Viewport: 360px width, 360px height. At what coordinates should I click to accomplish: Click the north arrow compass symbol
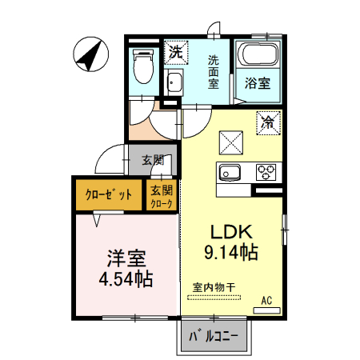[x=91, y=54]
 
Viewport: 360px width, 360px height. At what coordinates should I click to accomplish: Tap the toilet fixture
[x=143, y=66]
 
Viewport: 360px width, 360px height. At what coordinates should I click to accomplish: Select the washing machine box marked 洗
[x=176, y=52]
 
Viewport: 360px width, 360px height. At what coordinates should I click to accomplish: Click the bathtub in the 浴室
[x=258, y=54]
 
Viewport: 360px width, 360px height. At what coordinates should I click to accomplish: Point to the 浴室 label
[x=258, y=83]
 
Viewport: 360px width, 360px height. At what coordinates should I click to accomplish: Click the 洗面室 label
[x=214, y=72]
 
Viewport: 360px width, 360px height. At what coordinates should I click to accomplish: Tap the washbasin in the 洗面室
[x=174, y=82]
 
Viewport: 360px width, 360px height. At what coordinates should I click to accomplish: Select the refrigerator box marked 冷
[x=268, y=123]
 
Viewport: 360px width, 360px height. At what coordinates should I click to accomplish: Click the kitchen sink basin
[x=230, y=172]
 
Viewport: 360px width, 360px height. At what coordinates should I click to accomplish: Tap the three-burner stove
[x=266, y=172]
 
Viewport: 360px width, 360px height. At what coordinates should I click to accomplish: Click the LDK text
[x=231, y=232]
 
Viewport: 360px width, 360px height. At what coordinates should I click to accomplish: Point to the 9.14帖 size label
[x=231, y=252]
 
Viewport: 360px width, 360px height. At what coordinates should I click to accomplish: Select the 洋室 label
[x=126, y=258]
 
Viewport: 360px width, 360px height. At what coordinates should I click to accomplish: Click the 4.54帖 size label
[x=126, y=279]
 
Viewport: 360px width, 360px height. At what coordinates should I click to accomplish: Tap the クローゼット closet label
[x=109, y=194]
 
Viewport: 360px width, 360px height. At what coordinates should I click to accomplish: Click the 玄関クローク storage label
[x=162, y=197]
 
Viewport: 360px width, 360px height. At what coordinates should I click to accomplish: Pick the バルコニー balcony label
[x=214, y=337]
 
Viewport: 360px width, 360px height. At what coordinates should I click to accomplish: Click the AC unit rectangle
[x=266, y=310]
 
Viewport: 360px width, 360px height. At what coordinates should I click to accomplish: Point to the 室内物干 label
[x=214, y=287]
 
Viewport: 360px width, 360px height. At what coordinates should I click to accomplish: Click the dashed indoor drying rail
[x=214, y=298]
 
